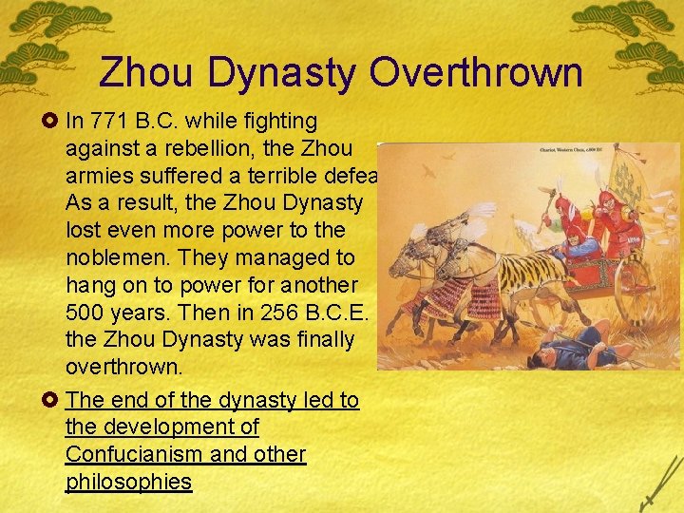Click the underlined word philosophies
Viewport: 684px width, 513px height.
[x=128, y=482]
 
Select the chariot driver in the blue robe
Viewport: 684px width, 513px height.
[x=579, y=242]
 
